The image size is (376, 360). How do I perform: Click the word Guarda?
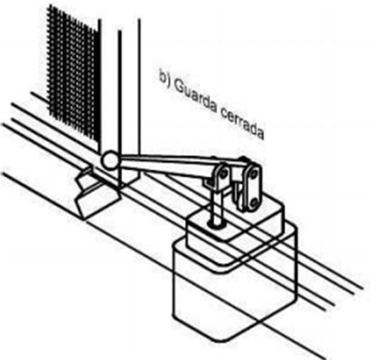pos(195,97)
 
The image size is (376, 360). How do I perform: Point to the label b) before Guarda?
pos(166,77)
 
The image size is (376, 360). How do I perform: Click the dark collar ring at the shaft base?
pos(217,224)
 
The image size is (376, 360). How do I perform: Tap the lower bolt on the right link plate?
pos(253,202)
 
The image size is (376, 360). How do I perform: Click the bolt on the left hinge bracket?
pos(224,173)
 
